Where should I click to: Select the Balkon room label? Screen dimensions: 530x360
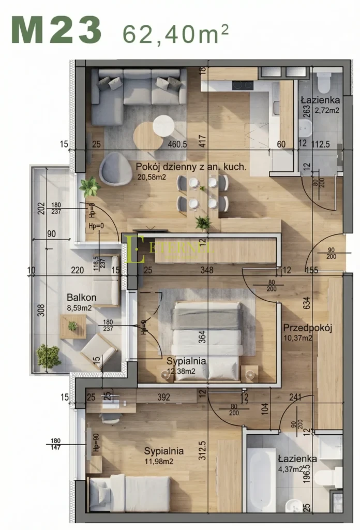point(81,298)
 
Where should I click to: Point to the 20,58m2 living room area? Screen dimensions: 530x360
point(151,177)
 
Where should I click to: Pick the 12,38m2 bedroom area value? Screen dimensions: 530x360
point(181,371)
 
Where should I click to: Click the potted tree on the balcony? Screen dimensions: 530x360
point(48,356)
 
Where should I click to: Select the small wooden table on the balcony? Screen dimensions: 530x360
point(73,327)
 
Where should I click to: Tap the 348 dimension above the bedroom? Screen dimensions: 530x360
point(207,270)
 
